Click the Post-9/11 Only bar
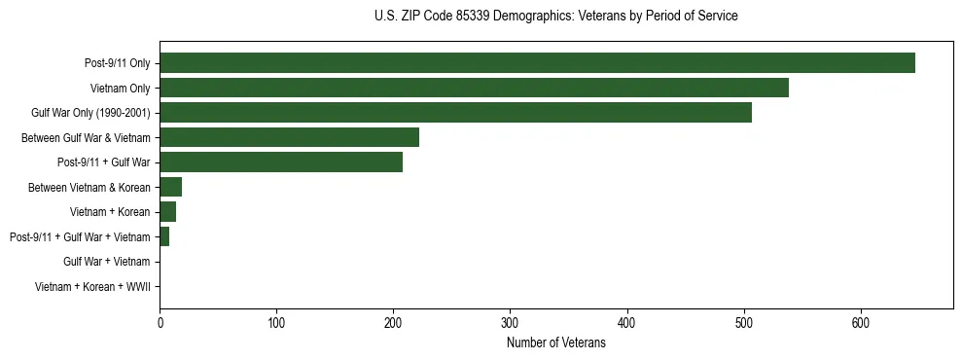pos(537,63)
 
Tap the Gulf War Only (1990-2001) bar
pos(455,113)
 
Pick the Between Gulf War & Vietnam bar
pos(289,137)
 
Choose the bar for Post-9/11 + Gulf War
pos(281,162)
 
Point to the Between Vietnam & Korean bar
pos(171,187)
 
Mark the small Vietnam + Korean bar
pos(168,212)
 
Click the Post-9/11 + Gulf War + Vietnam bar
pos(164,236)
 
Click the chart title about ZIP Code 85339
pos(555,17)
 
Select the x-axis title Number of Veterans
pos(555,342)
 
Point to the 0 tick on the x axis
pos(160,322)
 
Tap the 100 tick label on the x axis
pos(276,322)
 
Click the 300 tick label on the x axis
pos(510,322)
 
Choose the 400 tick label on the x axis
pos(626,322)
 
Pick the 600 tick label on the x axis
pos(861,322)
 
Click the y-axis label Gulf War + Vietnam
pos(106,262)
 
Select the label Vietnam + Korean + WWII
pos(92,287)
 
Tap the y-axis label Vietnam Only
pos(120,89)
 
